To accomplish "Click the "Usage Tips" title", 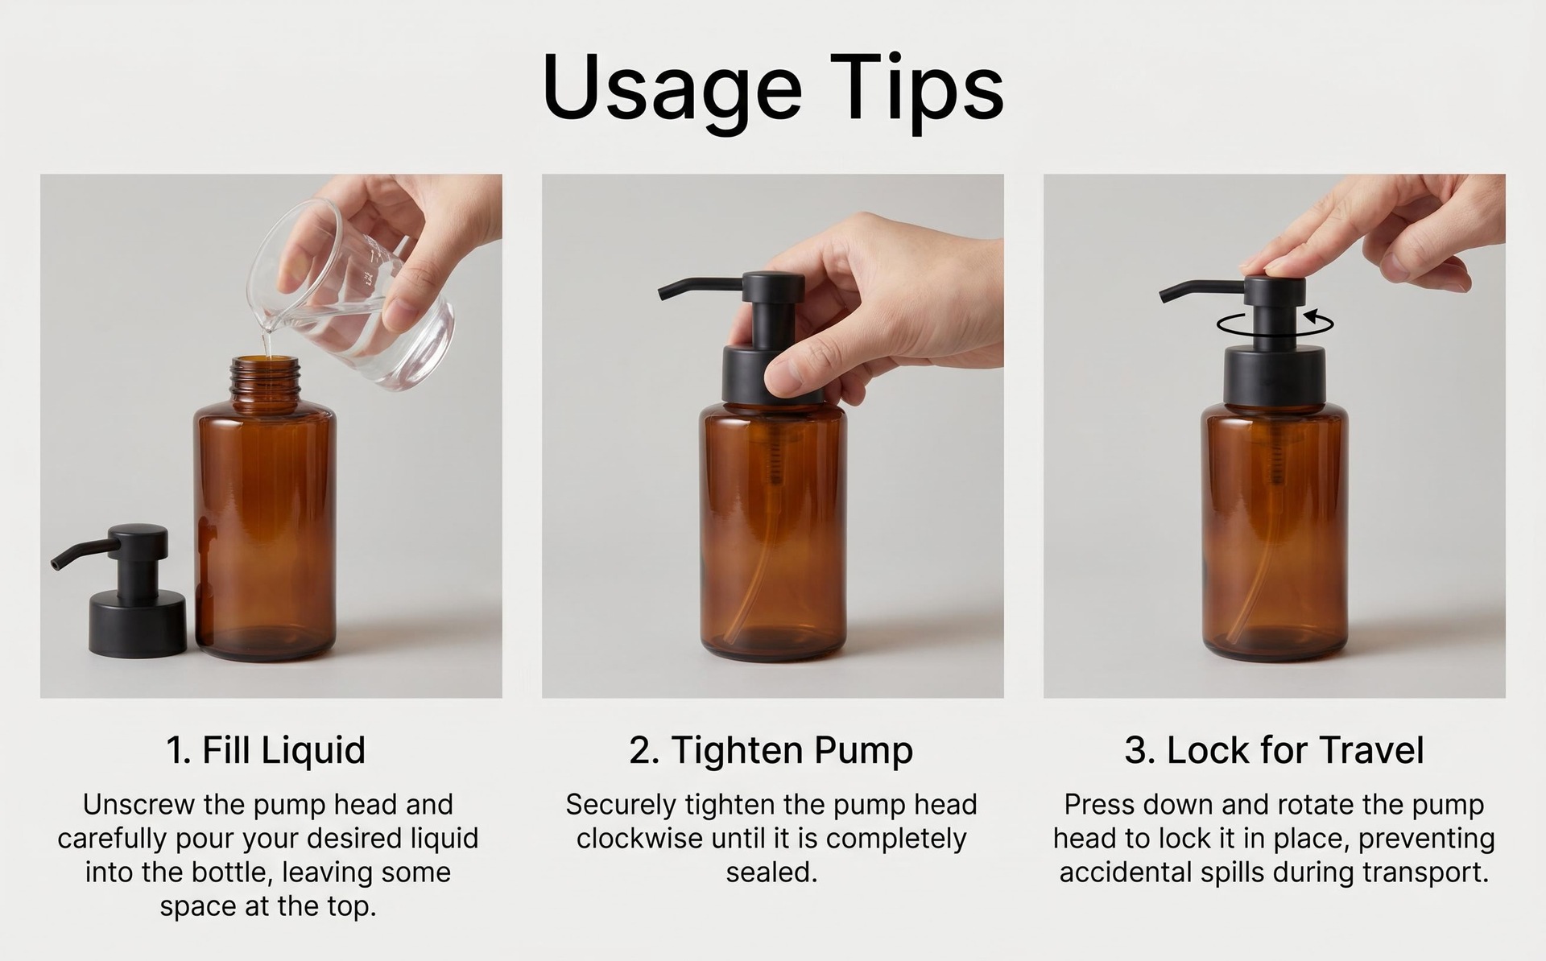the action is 773,87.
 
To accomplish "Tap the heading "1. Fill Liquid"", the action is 266,749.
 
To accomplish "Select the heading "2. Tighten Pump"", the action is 771,750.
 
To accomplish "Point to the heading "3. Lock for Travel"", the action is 1274,750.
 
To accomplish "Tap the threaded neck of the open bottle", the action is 266,377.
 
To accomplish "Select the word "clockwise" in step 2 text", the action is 639,838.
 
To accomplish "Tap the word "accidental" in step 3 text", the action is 1128,872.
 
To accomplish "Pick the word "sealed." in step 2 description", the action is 771,872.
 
